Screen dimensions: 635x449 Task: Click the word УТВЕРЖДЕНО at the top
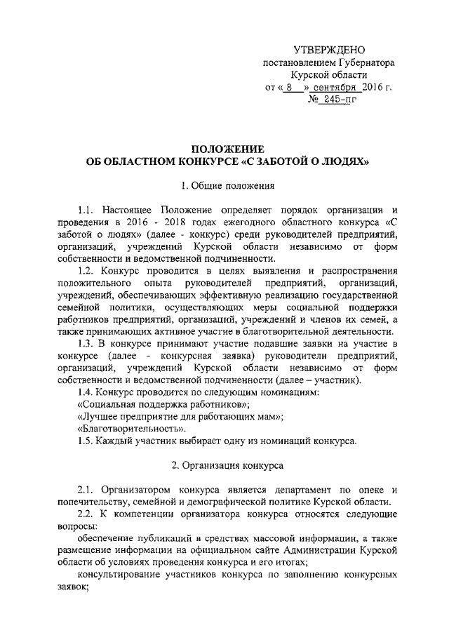point(329,49)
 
